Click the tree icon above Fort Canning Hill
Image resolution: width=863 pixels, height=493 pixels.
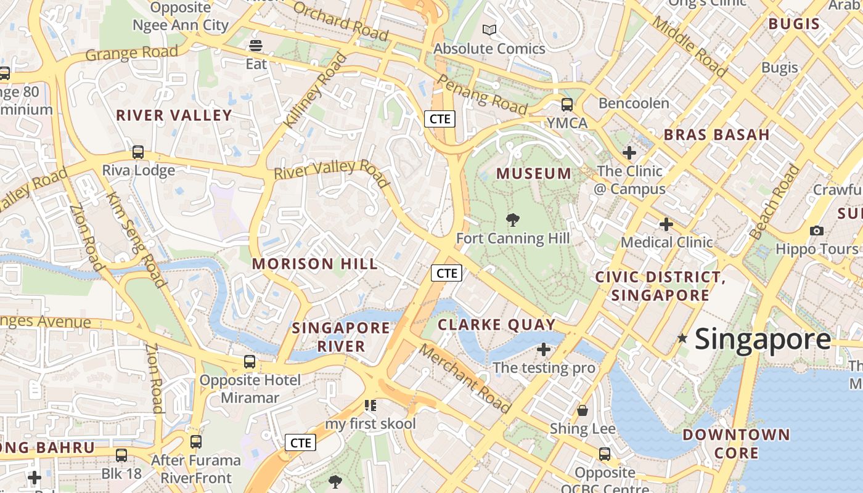point(512,220)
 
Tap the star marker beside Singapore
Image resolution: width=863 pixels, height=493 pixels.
point(682,338)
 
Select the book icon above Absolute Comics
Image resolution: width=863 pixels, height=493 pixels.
point(489,30)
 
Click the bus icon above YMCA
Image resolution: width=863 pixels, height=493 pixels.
point(567,105)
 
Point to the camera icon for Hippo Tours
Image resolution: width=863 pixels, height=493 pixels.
point(817,230)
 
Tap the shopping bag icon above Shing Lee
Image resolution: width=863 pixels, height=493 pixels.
point(583,410)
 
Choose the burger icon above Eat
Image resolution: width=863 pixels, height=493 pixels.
point(256,46)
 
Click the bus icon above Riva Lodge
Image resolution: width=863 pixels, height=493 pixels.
point(138,152)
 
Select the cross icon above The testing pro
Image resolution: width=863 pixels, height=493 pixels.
point(544,349)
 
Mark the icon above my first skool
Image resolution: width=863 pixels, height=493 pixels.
point(370,405)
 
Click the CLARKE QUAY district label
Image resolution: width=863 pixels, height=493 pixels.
point(497,325)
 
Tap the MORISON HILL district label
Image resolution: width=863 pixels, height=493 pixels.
point(315,264)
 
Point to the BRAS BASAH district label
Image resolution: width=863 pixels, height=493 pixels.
point(716,134)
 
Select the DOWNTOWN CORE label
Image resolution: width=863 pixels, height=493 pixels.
point(736,444)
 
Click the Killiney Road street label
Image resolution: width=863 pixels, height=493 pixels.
point(315,91)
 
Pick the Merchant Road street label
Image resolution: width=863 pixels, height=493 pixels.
point(465,378)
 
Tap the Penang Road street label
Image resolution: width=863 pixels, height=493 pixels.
point(483,95)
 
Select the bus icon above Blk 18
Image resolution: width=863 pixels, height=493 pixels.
point(121,455)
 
